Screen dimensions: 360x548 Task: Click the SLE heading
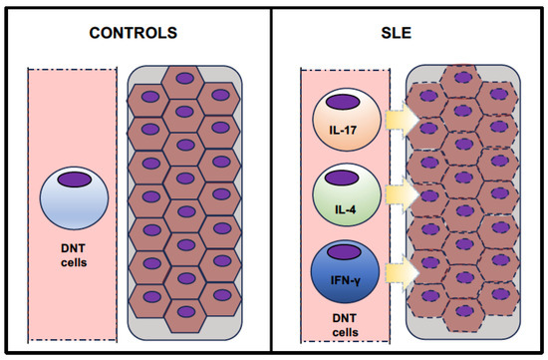pyautogui.click(x=411, y=32)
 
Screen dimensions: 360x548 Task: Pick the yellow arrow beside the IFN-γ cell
pyautogui.click(x=399, y=271)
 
